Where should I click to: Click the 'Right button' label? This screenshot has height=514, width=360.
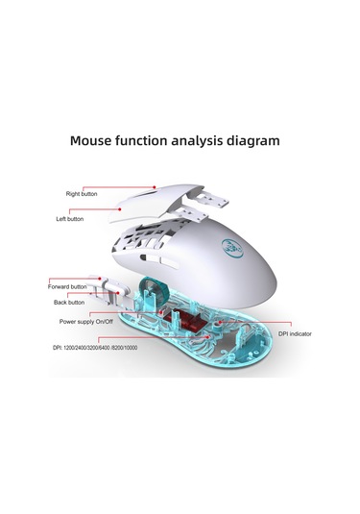[x=83, y=194]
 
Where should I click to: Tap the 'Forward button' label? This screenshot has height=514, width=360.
[x=67, y=286]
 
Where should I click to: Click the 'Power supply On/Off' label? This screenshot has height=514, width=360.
[x=87, y=321]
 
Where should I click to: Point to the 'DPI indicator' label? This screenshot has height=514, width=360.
[x=297, y=334]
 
